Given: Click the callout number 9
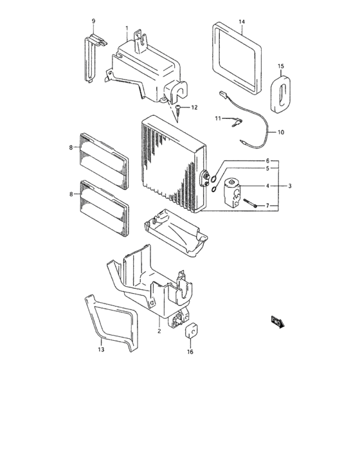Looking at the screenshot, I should [93, 21].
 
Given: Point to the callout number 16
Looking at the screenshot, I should [190, 352].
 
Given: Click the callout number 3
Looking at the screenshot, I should [290, 186].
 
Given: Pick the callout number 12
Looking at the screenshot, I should [195, 106].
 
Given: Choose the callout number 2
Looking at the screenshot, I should [159, 331].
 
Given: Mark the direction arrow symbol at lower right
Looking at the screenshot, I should [278, 321].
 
